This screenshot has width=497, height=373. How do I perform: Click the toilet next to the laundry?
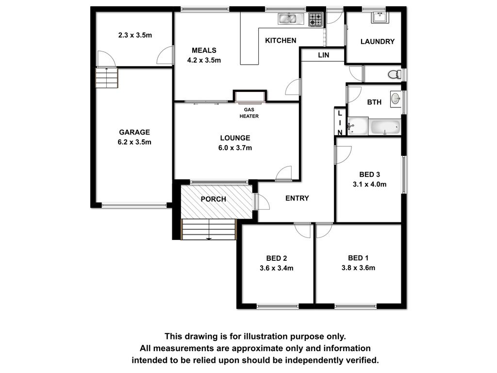tap(395, 74)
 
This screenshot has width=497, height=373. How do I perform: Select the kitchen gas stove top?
tap(315, 19)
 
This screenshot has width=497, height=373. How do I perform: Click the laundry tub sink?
tap(380, 17)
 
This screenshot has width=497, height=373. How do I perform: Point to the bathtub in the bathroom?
tap(385, 127)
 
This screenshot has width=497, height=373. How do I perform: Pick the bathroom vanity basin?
tap(396, 98)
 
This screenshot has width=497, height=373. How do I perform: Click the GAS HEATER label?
tap(249, 113)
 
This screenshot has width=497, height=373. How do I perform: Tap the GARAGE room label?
tap(134, 132)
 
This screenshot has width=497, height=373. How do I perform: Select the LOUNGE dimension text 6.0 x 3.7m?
tap(235, 148)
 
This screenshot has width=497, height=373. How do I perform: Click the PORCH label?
tap(214, 199)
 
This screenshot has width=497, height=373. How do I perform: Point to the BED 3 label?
tap(369, 174)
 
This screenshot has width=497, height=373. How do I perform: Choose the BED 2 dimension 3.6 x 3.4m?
tap(276, 268)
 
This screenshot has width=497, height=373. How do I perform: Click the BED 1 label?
tap(358, 258)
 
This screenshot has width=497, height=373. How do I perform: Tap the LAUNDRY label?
tap(378, 42)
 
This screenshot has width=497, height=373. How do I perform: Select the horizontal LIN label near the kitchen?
tap(324, 55)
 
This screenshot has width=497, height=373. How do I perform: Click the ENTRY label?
tap(297, 198)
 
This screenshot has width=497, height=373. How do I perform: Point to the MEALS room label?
tap(204, 51)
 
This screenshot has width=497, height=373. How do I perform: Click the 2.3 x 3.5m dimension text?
tap(135, 35)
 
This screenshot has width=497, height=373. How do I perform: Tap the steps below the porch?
tap(209, 229)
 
